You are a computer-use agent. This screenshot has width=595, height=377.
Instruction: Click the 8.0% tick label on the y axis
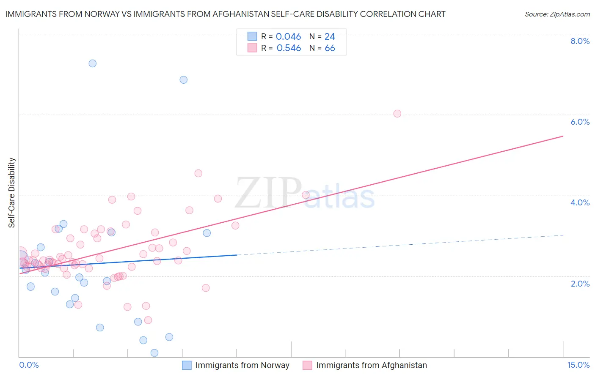[x=580, y=41]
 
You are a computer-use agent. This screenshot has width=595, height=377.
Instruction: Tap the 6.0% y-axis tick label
[x=580, y=122]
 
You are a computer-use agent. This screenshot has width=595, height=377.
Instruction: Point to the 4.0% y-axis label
[x=580, y=202]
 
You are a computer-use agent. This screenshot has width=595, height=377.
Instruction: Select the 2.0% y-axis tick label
[x=580, y=284]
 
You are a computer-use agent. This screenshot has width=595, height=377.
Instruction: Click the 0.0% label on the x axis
[x=29, y=365]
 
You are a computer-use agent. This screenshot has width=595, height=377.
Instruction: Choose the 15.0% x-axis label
[x=578, y=365]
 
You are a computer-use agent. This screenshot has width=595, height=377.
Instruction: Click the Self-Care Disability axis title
[x=12, y=193]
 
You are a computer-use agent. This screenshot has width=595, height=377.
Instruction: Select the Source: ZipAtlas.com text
[x=557, y=14]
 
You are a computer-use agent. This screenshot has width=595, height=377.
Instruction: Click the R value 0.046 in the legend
[x=288, y=37]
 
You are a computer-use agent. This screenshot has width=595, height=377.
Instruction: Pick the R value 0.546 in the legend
[x=289, y=48]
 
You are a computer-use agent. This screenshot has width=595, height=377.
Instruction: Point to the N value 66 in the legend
[x=330, y=48]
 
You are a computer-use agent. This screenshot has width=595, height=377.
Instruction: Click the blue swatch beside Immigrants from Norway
[x=187, y=365]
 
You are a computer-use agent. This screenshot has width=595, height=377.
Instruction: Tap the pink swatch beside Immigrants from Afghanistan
[x=308, y=365]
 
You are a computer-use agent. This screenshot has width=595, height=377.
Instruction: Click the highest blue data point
[x=92, y=63]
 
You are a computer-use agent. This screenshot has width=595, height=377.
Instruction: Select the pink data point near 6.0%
[x=397, y=114]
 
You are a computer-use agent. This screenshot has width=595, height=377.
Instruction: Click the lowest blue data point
[x=154, y=353]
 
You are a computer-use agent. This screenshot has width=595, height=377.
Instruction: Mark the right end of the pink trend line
[x=563, y=136]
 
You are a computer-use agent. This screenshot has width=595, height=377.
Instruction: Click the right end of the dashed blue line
[x=563, y=235]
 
